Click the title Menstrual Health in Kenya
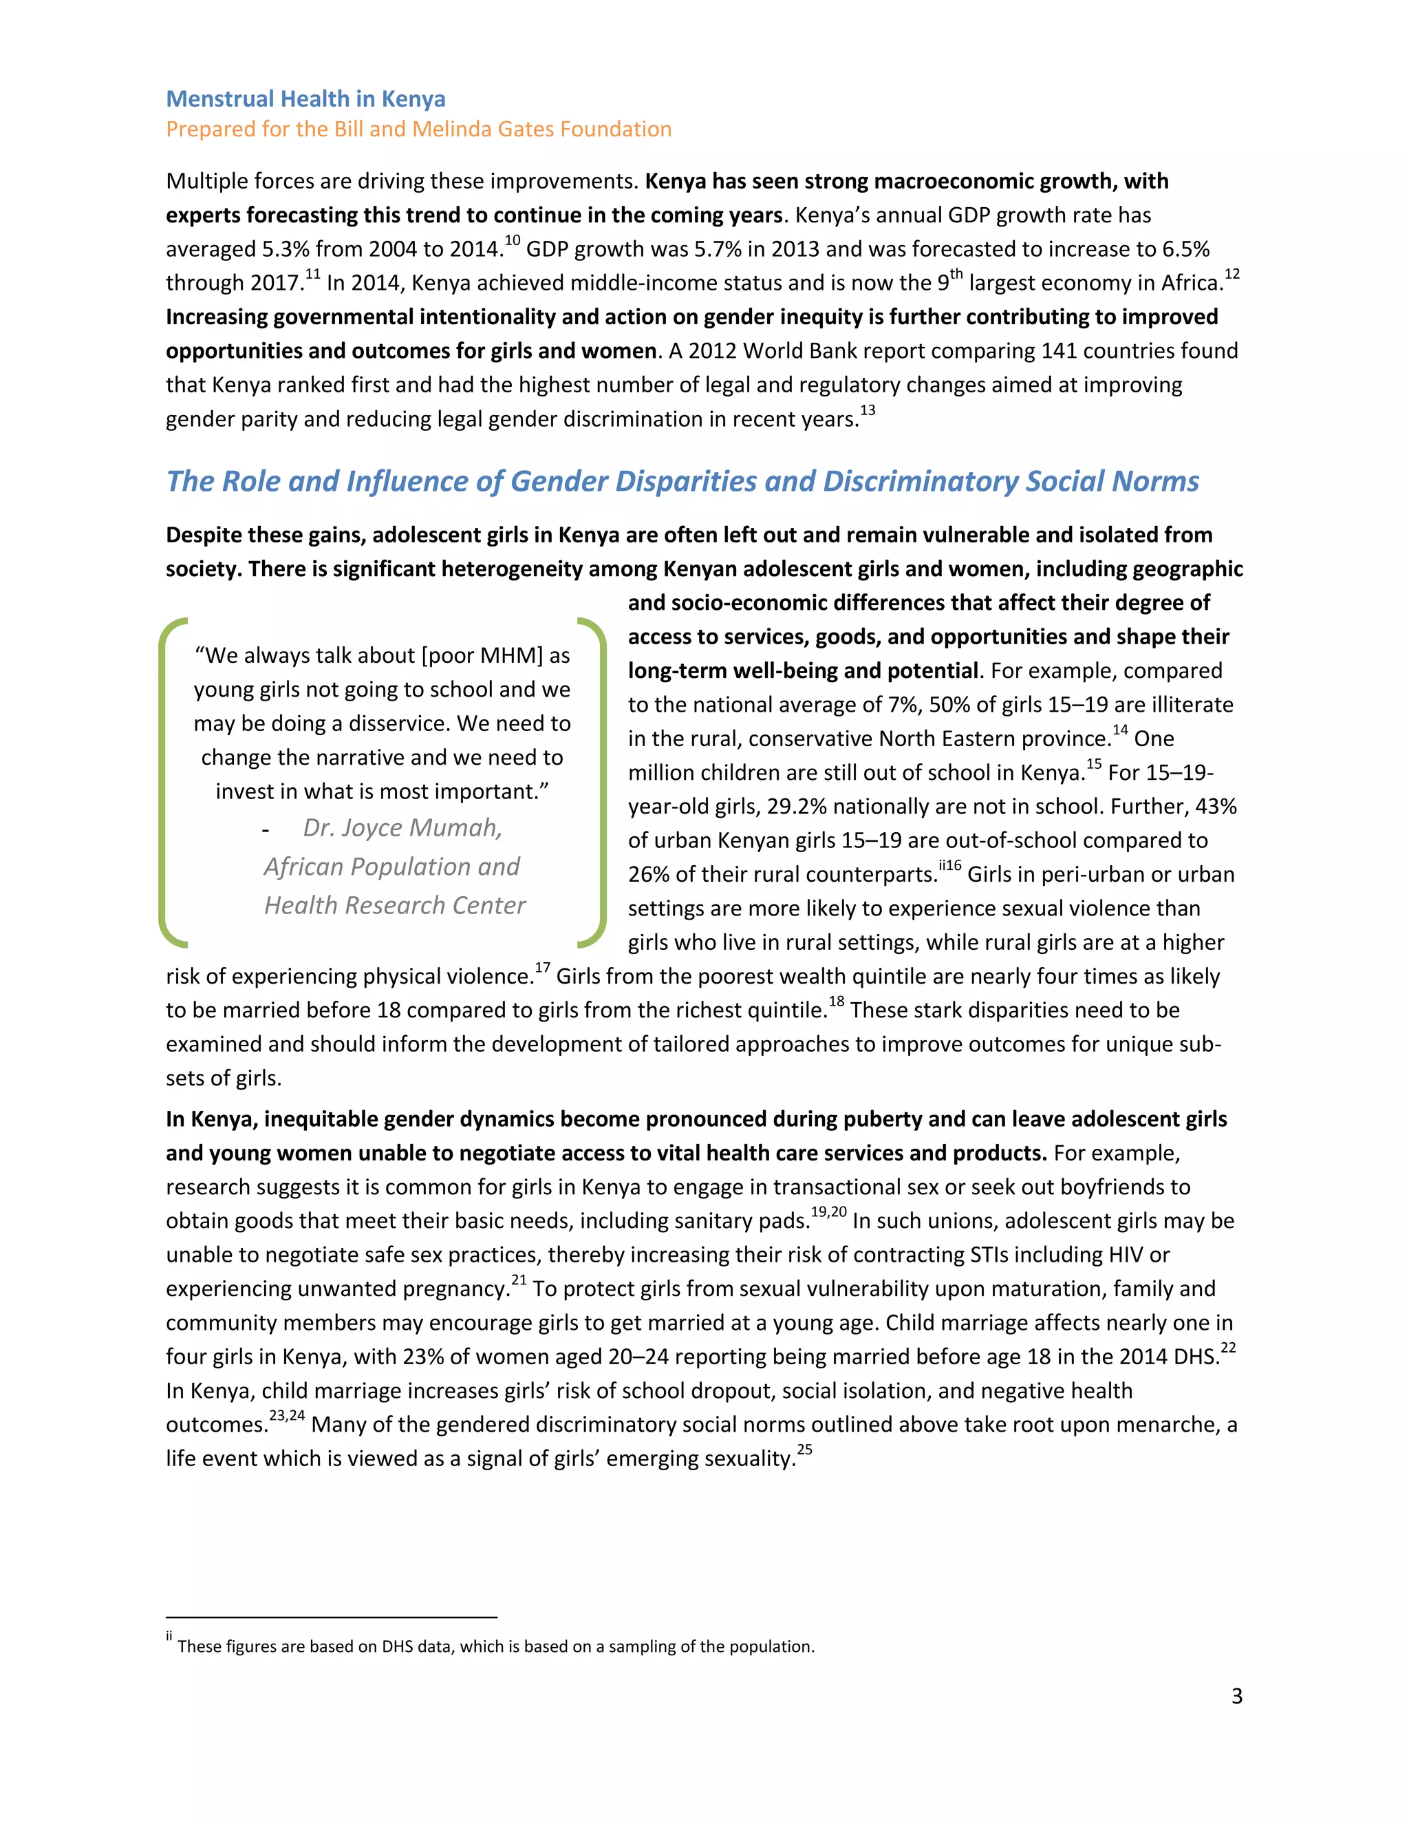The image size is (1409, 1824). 305,98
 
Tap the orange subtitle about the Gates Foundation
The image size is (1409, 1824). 418,129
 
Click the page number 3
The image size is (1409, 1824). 1236,1695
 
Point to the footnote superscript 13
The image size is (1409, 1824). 868,410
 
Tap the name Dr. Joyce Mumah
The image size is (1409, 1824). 402,827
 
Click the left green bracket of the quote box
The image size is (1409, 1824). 166,783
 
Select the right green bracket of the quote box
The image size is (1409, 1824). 598,783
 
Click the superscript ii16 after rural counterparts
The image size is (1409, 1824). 950,866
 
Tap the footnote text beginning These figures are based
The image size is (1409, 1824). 496,1646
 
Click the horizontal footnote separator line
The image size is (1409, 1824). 332,1617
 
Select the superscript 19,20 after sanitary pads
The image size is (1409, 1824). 828,1213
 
